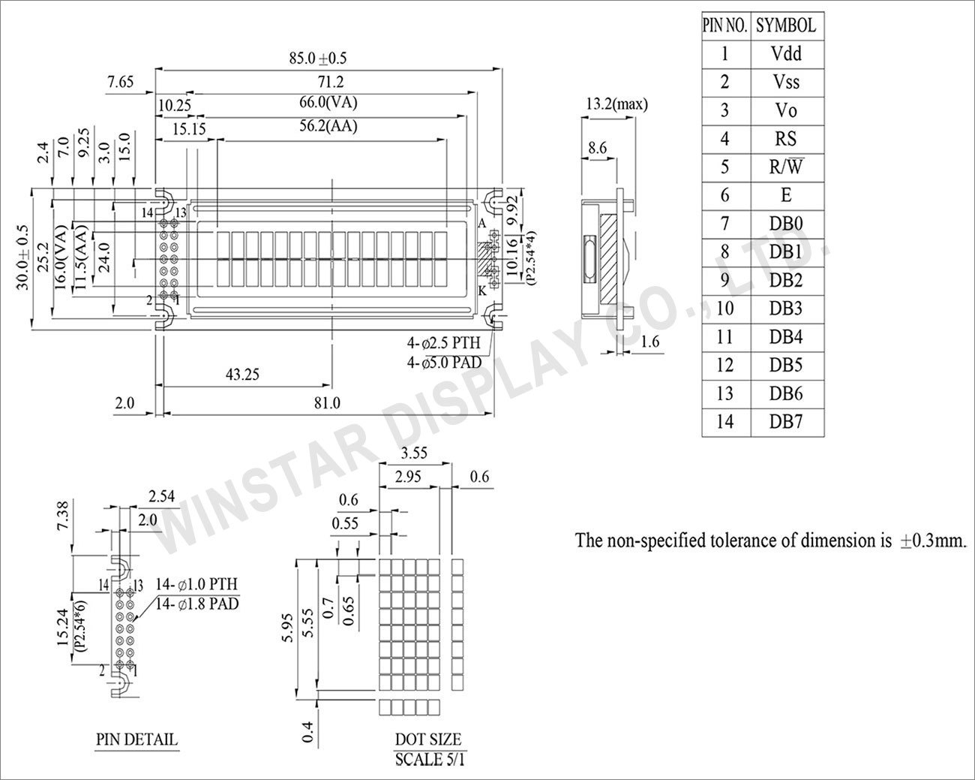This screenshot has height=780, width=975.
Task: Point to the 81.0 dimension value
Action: (326, 403)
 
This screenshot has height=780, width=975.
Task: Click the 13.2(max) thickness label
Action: (616, 104)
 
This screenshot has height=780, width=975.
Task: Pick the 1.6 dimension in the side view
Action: (651, 342)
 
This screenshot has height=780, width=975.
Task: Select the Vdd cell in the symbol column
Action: (785, 53)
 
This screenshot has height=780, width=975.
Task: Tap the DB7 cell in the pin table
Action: (785, 421)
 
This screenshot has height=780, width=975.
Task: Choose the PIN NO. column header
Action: (724, 26)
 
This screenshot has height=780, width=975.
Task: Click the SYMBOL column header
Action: (785, 26)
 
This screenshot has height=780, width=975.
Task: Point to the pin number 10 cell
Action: (724, 309)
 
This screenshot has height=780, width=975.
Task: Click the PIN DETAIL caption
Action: (136, 739)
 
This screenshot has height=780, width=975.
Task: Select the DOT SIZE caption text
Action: (428, 740)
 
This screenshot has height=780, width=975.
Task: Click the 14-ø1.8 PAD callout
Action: (198, 602)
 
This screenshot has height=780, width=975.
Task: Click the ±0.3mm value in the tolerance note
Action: (931, 541)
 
